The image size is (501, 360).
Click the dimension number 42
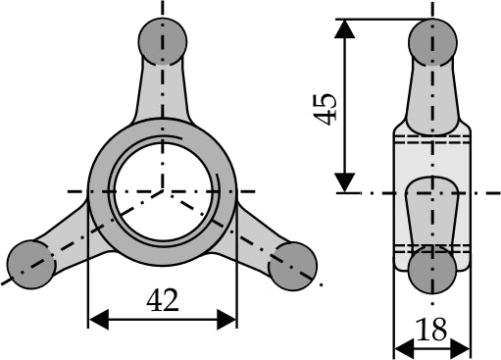(163, 301)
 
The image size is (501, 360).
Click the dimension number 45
(325, 110)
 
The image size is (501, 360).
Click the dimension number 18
(432, 330)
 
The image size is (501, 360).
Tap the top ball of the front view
(163, 41)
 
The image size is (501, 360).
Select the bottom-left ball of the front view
(30, 265)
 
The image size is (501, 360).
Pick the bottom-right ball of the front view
(293, 266)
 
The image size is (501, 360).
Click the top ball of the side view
(432, 42)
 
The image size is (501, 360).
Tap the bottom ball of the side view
(432, 270)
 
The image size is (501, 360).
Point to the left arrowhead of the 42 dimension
(99, 320)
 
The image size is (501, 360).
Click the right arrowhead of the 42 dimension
(226, 320)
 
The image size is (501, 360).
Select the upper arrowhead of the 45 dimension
(344, 28)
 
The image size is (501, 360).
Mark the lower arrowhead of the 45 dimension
(344, 182)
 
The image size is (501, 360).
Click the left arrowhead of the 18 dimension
(404, 349)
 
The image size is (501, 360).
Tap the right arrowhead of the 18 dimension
(461, 349)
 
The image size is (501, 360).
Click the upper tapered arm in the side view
(432, 98)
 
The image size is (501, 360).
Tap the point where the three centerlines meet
(163, 191)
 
